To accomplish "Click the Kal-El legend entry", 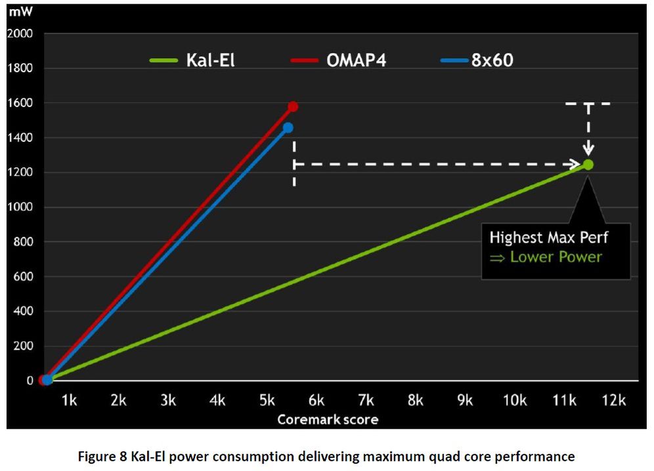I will tap(192, 61).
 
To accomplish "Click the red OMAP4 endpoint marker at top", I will tap(293, 106).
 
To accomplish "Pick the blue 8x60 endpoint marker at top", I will tap(288, 127).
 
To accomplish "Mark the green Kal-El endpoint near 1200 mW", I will tap(588, 165).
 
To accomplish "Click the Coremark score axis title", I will tap(327, 419).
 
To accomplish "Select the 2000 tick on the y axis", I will tap(20, 33).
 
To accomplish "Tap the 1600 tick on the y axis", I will tap(20, 103).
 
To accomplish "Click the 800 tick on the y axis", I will tap(22, 242).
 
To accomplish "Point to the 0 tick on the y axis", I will tap(29, 380).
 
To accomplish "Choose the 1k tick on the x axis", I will tap(69, 401).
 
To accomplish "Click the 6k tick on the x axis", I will tap(316, 401).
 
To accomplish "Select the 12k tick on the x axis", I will tap(613, 401).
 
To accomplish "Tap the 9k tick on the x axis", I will tap(465, 401).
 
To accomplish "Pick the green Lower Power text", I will tap(556, 256).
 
